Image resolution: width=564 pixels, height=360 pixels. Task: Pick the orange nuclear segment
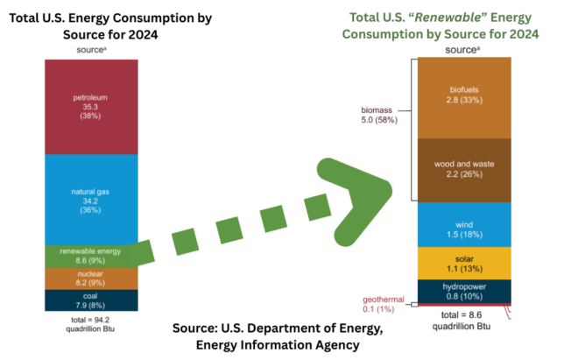(x=89, y=279)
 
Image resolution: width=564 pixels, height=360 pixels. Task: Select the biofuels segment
(x=464, y=96)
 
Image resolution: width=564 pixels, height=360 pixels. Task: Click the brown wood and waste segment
(x=464, y=170)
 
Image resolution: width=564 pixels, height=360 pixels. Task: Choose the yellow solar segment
(x=464, y=262)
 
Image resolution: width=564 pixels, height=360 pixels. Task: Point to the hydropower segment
(x=464, y=290)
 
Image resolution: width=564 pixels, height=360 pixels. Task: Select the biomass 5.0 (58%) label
(x=379, y=115)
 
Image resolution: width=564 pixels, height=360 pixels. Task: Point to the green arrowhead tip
(x=391, y=185)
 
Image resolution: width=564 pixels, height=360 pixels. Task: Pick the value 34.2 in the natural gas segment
(x=89, y=201)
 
